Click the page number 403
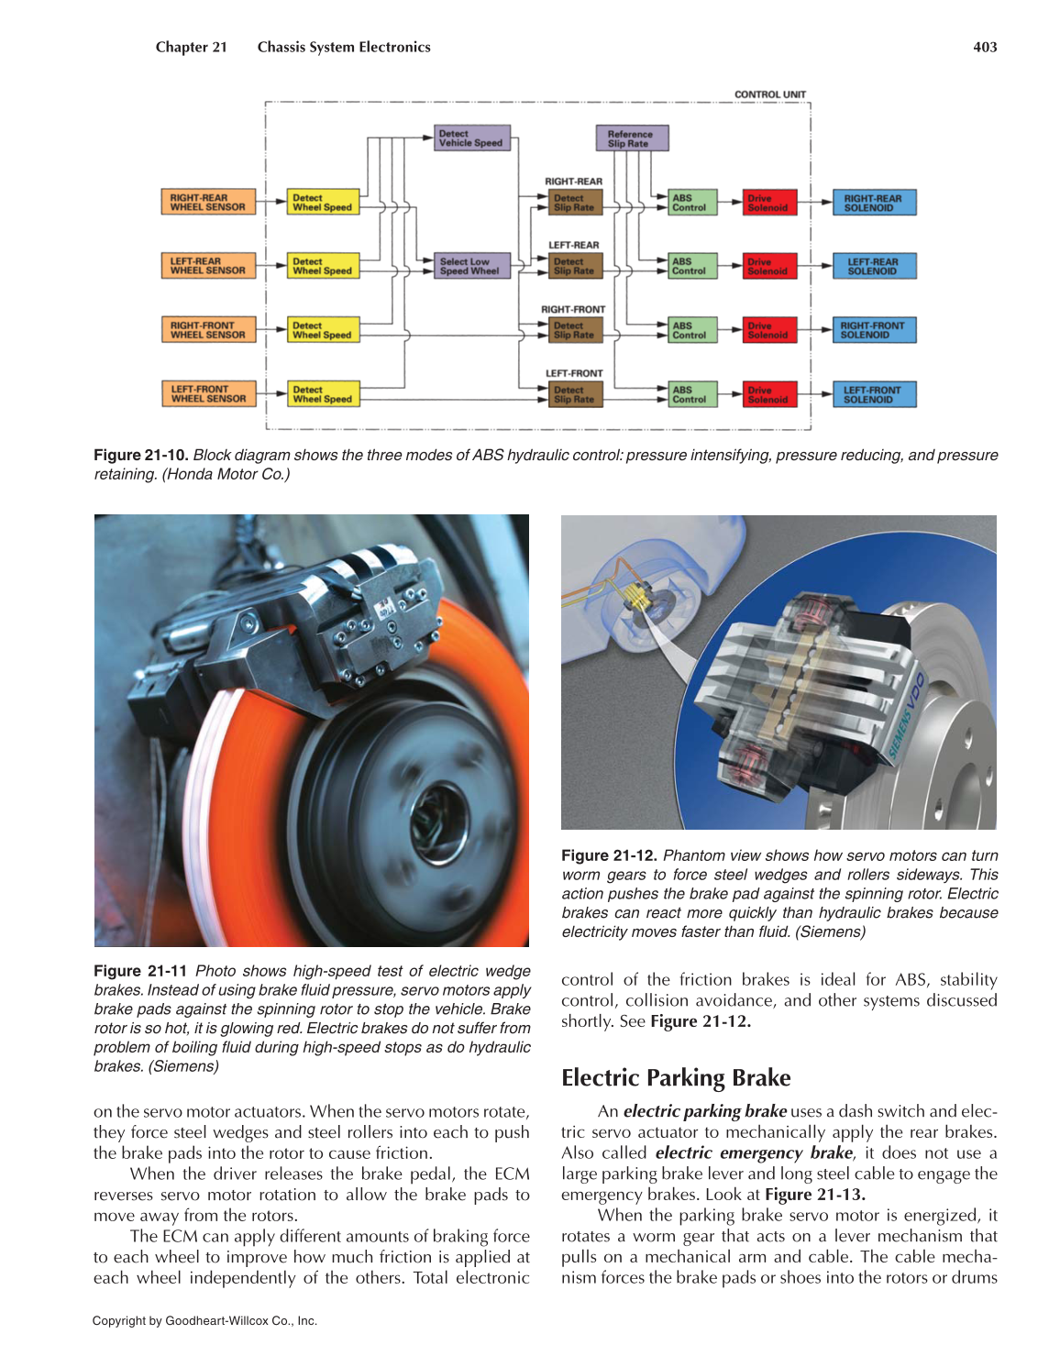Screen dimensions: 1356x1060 click(x=985, y=48)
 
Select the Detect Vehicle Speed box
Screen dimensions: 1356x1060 click(x=471, y=138)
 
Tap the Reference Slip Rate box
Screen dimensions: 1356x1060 click(x=632, y=138)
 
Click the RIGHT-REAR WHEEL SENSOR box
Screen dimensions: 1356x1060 click(x=208, y=203)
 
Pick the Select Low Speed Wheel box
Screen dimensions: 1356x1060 click(x=471, y=266)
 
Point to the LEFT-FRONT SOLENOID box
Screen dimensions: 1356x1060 click(x=873, y=395)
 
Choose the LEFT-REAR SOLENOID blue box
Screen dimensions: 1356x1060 click(x=873, y=267)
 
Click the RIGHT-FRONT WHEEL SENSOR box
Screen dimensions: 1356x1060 click(x=208, y=330)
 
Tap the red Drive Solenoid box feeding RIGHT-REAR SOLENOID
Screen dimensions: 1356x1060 click(x=768, y=203)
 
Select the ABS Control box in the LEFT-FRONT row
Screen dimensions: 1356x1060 click(x=691, y=395)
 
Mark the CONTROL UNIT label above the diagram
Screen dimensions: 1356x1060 click(x=770, y=94)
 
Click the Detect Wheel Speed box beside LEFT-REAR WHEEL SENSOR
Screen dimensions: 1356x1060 click(x=323, y=267)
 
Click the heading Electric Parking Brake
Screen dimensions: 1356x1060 click(x=676, y=1078)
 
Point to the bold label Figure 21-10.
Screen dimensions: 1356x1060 click(x=141, y=456)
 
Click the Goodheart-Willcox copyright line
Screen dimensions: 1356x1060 click(x=204, y=1321)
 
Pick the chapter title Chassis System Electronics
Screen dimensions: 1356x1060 click(x=344, y=48)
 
